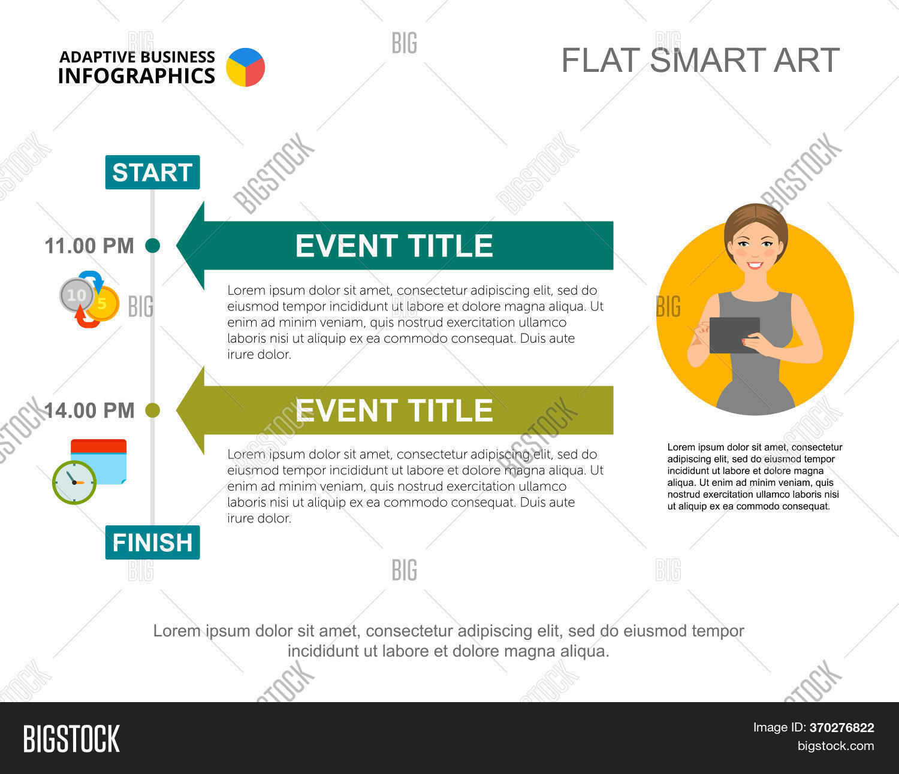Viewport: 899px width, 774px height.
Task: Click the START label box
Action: [152, 173]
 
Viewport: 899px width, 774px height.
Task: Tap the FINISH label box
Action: [152, 542]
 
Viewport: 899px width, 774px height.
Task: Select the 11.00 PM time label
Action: [89, 246]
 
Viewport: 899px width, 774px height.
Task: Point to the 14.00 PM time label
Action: [89, 410]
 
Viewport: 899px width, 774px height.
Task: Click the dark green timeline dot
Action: [153, 246]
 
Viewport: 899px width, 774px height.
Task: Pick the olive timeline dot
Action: [153, 410]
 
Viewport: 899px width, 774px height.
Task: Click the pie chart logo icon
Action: [245, 67]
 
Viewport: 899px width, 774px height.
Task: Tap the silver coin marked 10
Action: [76, 295]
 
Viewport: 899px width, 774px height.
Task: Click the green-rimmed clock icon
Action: [74, 482]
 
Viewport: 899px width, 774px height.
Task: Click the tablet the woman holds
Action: [734, 335]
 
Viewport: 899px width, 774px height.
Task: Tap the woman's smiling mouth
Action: [755, 265]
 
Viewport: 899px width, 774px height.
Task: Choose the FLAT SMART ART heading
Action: [700, 61]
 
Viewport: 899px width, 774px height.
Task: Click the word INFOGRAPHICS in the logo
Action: [137, 76]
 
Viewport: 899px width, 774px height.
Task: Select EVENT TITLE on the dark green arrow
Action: [394, 246]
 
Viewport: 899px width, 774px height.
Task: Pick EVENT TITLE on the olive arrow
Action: [394, 410]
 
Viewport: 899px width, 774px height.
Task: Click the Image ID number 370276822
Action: [841, 728]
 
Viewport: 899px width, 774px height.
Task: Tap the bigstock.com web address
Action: [835, 746]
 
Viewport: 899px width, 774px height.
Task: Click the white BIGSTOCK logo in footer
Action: [71, 739]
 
